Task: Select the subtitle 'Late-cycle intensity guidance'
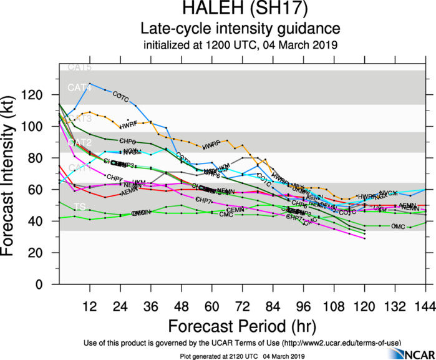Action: (241, 28)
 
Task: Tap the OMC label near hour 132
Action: (397, 226)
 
